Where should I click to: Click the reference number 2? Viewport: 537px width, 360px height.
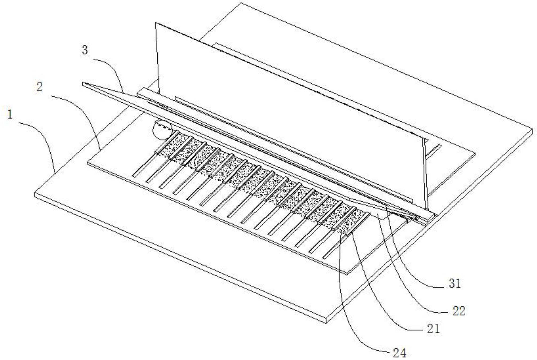point(39,87)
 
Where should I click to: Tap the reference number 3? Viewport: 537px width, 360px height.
point(85,50)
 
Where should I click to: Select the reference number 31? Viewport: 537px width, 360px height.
point(455,284)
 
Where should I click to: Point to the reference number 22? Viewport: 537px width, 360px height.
point(459,311)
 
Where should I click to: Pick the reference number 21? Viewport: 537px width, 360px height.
point(433,329)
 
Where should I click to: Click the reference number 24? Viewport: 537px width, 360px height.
point(400,353)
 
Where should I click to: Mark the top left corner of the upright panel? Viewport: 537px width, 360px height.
point(155,23)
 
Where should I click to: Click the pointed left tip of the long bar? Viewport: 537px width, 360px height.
point(83,83)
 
